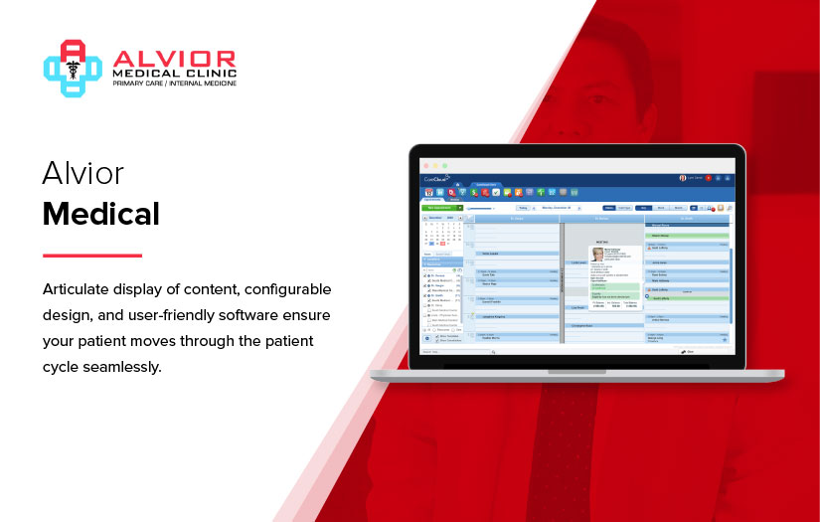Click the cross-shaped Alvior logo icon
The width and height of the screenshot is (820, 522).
(73, 67)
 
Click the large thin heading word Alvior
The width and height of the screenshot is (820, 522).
(82, 173)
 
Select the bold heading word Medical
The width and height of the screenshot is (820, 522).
(100, 213)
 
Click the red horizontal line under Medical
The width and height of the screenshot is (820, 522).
(91, 255)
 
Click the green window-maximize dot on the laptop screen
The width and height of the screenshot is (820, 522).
(444, 164)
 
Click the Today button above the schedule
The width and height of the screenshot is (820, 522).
(522, 208)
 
